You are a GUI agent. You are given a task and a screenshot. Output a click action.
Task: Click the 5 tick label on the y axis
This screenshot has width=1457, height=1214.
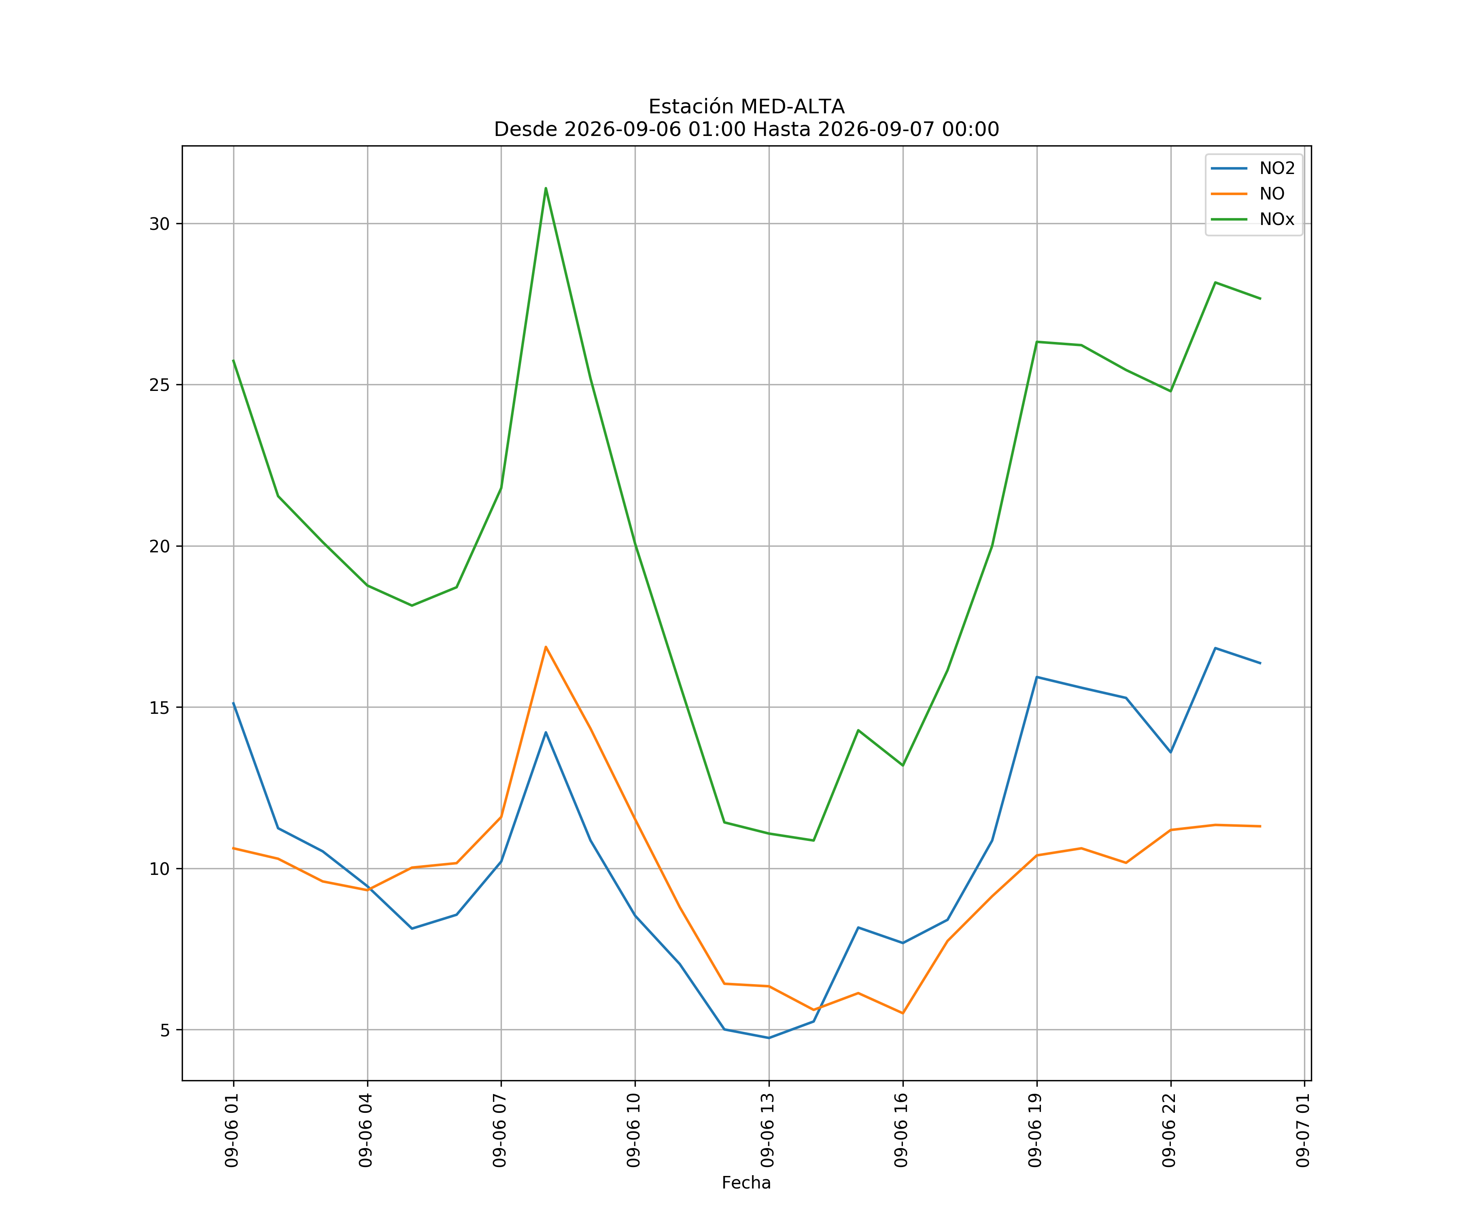pyautogui.click(x=165, y=1030)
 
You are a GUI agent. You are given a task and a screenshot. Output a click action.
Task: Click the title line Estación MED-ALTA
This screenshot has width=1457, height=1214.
pyautogui.click(x=747, y=107)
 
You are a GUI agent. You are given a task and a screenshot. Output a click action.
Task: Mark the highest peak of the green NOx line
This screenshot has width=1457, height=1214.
pyautogui.click(x=546, y=188)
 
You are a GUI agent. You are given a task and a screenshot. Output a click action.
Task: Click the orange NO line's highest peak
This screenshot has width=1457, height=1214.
pyautogui.click(x=546, y=647)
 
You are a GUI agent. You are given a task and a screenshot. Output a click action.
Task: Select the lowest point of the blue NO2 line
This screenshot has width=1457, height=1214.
pyautogui.click(x=769, y=1038)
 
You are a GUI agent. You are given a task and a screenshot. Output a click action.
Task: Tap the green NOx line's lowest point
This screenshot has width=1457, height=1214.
pyautogui.click(x=813, y=841)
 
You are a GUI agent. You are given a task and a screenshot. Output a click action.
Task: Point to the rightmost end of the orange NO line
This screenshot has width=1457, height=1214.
pyautogui.click(x=1260, y=826)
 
